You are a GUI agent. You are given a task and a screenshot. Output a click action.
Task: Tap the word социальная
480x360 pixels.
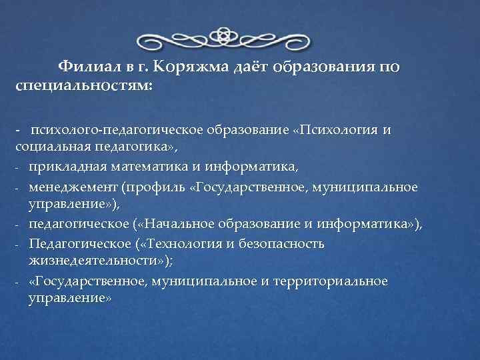[x=47, y=146]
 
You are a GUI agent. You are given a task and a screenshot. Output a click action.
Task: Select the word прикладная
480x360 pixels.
[x=64, y=165]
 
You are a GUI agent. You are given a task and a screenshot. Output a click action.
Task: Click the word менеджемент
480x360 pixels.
[x=71, y=186]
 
